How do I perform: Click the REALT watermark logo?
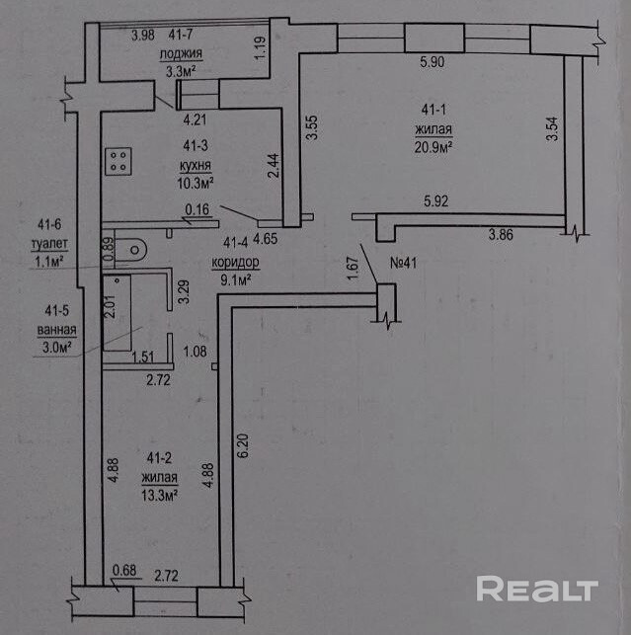click(537, 590)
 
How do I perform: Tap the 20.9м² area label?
click(434, 149)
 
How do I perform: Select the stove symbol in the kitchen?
click(120, 160)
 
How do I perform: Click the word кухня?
click(193, 167)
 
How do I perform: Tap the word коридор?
click(235, 264)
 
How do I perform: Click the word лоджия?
click(184, 53)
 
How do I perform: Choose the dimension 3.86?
click(501, 237)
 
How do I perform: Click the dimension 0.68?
click(124, 570)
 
